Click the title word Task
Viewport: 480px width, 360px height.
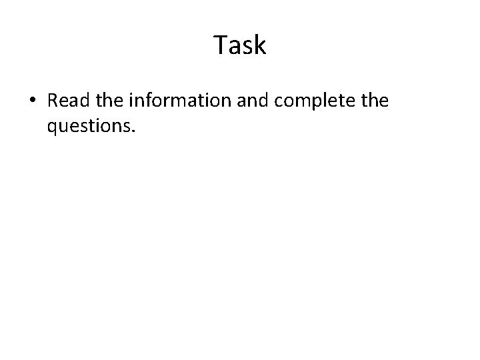pyautogui.click(x=240, y=45)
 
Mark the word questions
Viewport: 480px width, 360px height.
pyautogui.click(x=90, y=125)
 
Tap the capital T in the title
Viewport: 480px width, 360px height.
pyautogui.click(x=221, y=45)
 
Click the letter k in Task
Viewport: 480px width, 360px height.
pyautogui.click(x=259, y=45)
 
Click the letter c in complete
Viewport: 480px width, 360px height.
pyautogui.click(x=291, y=101)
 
